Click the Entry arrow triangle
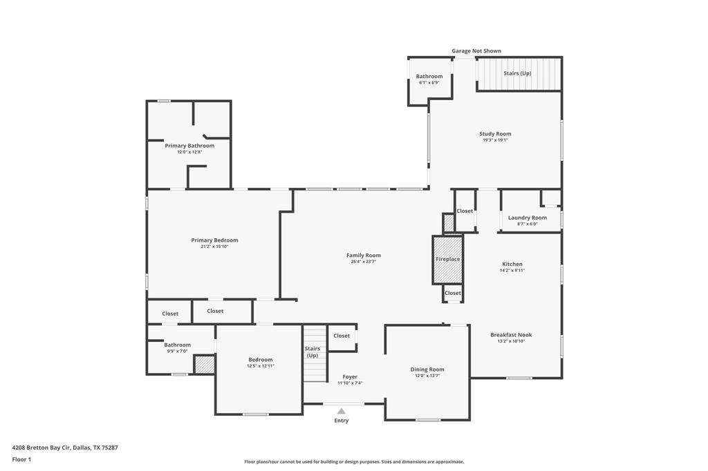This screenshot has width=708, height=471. click(341, 411)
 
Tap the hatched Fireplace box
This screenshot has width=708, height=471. click(447, 260)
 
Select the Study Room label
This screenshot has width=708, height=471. click(495, 134)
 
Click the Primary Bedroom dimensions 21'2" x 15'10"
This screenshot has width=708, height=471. click(214, 247)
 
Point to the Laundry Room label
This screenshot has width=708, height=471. click(527, 218)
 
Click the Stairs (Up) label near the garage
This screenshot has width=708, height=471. click(517, 73)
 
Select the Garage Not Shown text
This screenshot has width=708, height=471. click(476, 51)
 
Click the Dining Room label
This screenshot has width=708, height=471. click(427, 369)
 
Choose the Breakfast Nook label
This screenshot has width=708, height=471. click(511, 335)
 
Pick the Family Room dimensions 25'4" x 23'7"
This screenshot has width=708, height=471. click(364, 262)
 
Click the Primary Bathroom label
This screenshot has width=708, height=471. click(189, 146)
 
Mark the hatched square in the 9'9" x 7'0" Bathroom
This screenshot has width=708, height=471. click(204, 365)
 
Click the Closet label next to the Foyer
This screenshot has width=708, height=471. click(342, 336)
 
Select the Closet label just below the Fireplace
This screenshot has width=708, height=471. click(453, 293)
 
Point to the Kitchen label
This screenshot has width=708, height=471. click(512, 264)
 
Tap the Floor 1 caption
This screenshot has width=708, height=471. click(21, 459)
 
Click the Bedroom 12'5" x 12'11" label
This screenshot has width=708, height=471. click(261, 360)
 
